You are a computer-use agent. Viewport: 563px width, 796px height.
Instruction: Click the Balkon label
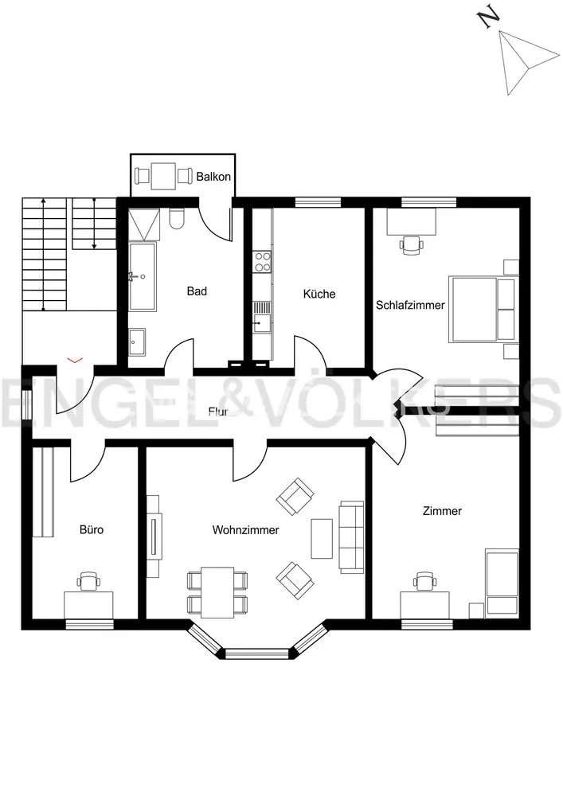[213, 177]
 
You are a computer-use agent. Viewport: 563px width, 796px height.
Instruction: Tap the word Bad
[197, 291]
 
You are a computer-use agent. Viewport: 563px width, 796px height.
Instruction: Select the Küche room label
[319, 294]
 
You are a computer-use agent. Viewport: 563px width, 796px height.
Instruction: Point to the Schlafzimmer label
[410, 305]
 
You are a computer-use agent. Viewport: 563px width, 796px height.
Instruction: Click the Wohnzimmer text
[246, 530]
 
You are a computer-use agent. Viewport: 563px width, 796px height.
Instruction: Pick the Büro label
[92, 529]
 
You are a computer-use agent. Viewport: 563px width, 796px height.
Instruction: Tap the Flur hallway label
[217, 412]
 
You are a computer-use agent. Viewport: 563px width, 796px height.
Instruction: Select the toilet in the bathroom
[177, 219]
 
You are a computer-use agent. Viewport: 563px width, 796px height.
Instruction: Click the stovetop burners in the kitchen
[263, 261]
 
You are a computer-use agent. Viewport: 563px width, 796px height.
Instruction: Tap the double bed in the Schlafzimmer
[482, 309]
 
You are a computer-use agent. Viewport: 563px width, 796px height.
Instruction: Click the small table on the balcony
[163, 176]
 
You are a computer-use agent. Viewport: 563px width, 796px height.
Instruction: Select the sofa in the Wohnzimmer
[351, 537]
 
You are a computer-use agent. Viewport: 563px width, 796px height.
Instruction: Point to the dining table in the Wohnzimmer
[217, 592]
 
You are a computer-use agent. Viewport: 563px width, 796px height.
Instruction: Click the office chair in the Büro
[88, 581]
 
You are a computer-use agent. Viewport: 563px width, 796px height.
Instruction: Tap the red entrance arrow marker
[75, 360]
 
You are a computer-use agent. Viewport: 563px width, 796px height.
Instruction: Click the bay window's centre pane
[257, 654]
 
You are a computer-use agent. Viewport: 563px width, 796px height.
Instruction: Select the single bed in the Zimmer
[502, 583]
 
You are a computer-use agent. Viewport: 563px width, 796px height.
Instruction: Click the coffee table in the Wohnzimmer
[322, 538]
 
